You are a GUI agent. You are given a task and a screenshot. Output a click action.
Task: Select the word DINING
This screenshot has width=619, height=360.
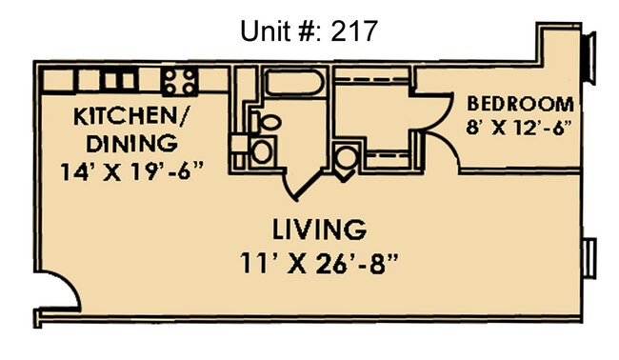[131, 144]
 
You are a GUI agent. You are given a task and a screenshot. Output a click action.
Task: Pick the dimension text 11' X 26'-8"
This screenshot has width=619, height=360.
[319, 261]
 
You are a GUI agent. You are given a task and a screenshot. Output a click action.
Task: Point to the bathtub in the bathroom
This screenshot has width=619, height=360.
[292, 84]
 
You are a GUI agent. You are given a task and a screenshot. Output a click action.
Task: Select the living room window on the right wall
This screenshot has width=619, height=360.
[589, 255]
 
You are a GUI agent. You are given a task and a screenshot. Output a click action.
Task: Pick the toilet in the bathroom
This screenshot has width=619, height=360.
[267, 122]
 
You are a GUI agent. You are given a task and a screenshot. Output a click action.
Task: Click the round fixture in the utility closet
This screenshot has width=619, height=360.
[347, 159]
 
